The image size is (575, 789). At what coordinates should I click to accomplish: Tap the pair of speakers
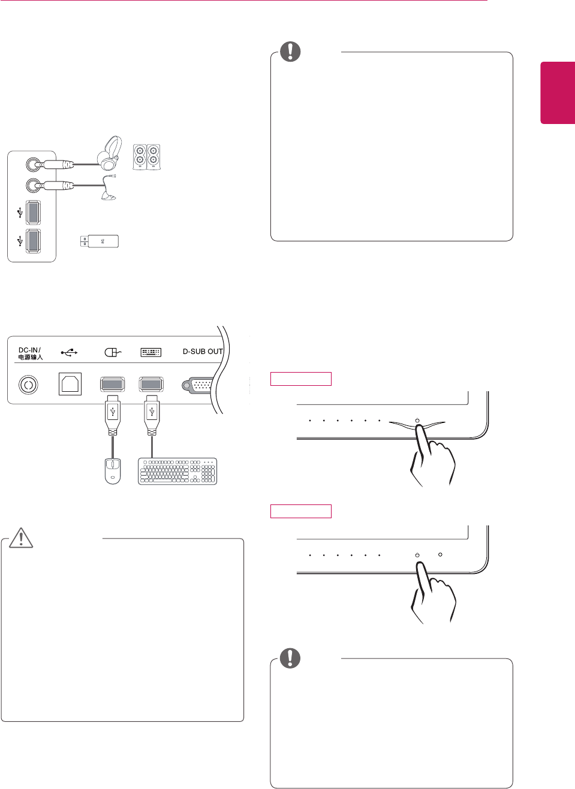pyautogui.click(x=146, y=157)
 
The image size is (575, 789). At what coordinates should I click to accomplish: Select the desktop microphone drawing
pyautogui.click(x=109, y=188)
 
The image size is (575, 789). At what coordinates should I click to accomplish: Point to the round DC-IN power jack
pyautogui.click(x=28, y=384)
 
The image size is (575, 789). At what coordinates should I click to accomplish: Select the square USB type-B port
pyautogui.click(x=70, y=384)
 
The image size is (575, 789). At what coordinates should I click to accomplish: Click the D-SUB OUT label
pyautogui.click(x=203, y=352)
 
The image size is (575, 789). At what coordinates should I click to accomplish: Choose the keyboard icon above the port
pyautogui.click(x=150, y=352)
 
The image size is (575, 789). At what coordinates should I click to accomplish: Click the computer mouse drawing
pyautogui.click(x=113, y=471)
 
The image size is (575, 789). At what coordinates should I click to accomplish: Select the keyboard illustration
pyautogui.click(x=177, y=471)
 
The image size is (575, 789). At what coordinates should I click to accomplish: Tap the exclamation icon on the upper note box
pyautogui.click(x=290, y=52)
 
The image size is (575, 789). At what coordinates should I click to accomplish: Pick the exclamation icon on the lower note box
pyautogui.click(x=290, y=658)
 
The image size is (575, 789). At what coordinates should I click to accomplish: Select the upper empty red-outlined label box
pyautogui.click(x=300, y=379)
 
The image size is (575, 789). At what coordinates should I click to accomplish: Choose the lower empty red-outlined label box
pyautogui.click(x=300, y=511)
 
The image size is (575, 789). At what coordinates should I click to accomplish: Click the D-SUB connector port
pyautogui.click(x=200, y=385)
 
